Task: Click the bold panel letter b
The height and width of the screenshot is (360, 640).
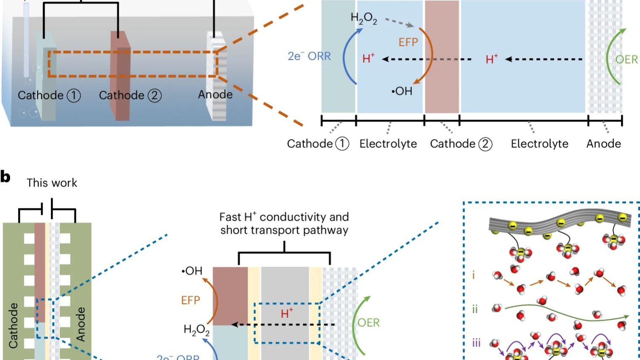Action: (5, 177)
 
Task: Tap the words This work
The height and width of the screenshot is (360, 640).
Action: (52, 183)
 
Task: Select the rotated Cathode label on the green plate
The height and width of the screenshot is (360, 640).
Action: (13, 325)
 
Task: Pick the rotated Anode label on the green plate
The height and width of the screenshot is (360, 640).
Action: (80, 324)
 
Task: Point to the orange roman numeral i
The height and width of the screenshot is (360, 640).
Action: (474, 275)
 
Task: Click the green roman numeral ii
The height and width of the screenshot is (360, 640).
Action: (475, 309)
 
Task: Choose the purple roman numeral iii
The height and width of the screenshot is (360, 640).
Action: (476, 343)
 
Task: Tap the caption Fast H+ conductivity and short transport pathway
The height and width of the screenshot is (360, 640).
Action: (284, 224)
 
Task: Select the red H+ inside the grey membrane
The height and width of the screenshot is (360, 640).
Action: (287, 313)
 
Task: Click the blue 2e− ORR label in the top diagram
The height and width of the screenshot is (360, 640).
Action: (309, 56)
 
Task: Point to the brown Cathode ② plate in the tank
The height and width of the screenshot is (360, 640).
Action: (120, 76)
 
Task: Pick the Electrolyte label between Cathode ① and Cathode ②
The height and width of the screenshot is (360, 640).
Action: (388, 144)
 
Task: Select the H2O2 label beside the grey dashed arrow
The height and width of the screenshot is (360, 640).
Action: (364, 19)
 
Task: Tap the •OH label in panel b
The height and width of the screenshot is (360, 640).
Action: (192, 271)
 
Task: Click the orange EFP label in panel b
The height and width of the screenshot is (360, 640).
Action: (191, 300)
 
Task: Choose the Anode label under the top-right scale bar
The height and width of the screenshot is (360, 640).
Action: (604, 144)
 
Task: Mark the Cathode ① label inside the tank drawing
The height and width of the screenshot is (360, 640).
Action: (49, 96)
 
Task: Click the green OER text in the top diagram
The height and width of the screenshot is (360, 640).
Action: (627, 59)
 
